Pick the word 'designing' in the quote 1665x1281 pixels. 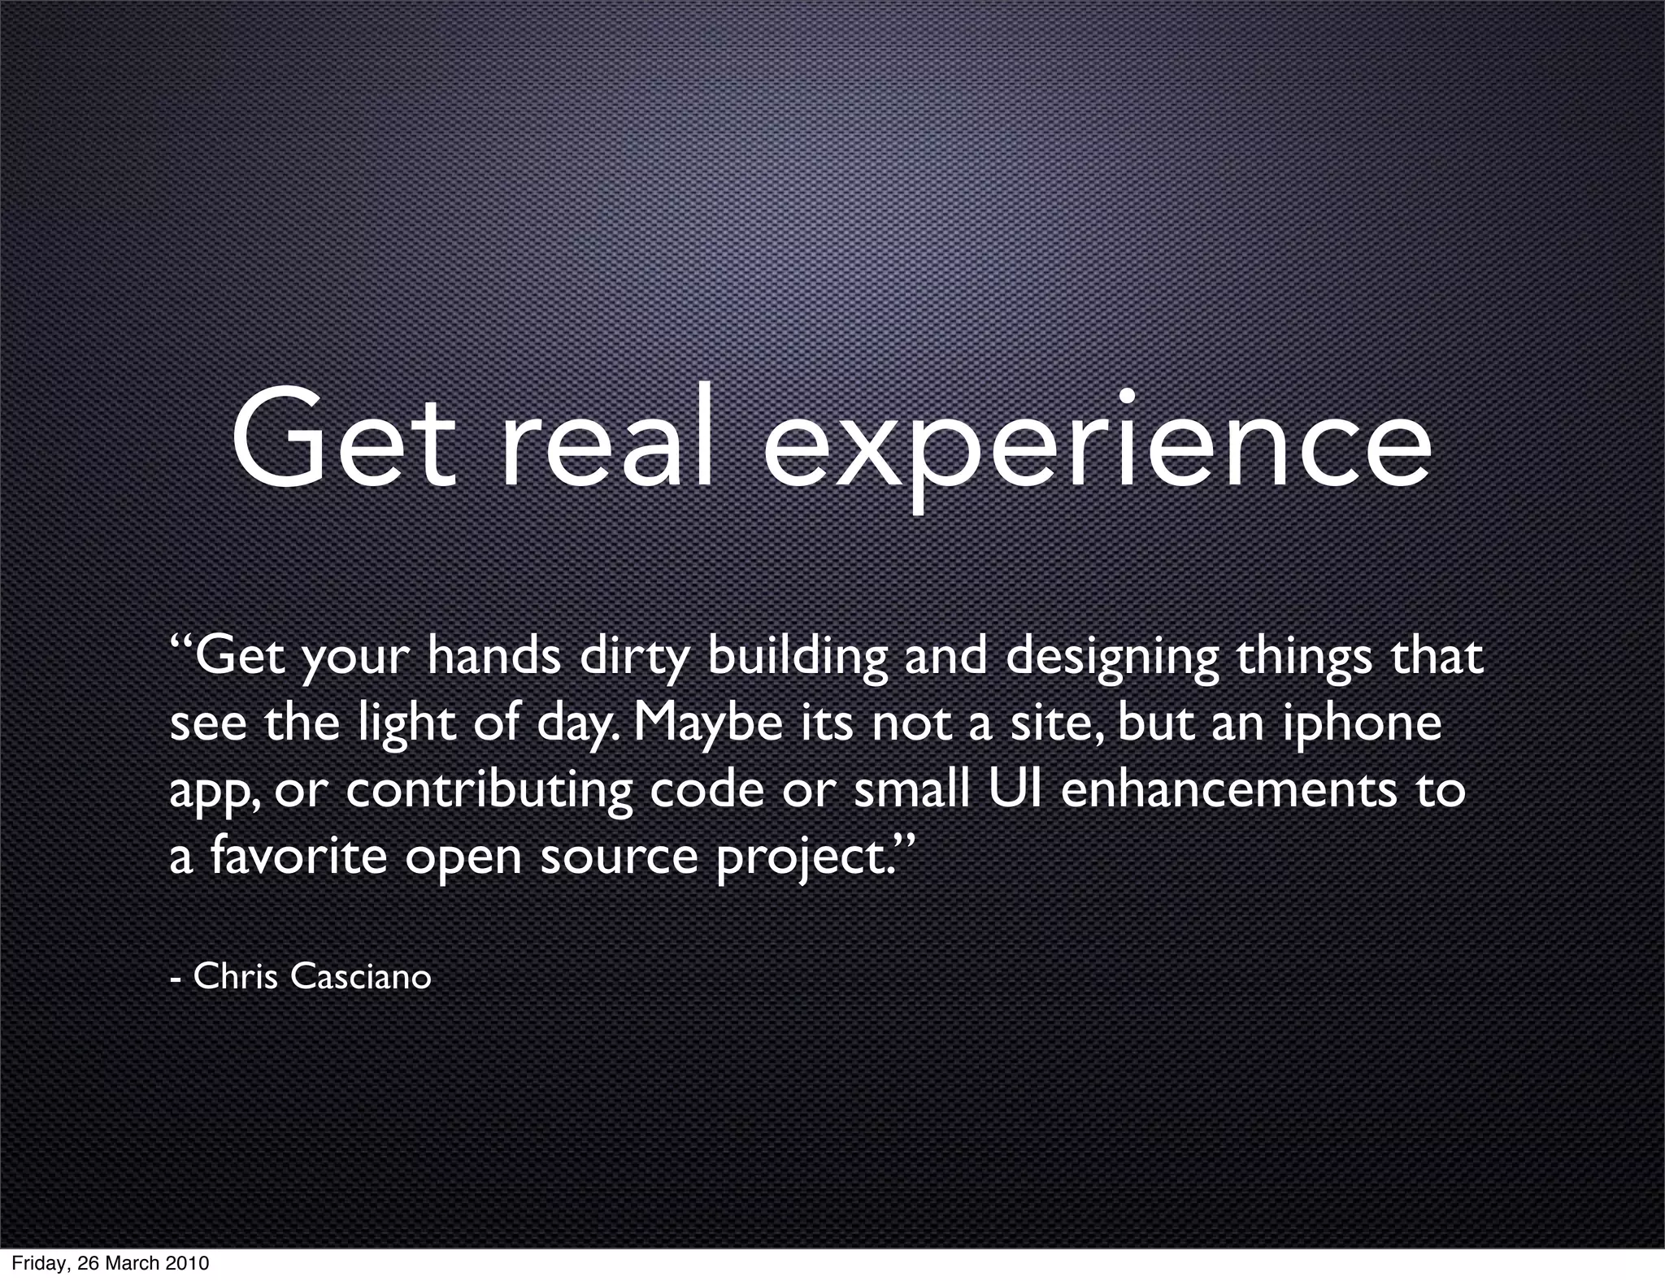click(1112, 658)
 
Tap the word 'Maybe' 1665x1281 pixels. click(706, 724)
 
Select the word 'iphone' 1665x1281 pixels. click(1362, 724)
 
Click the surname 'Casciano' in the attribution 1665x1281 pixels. click(360, 976)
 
